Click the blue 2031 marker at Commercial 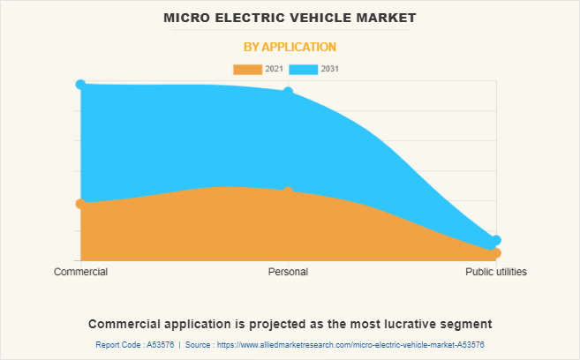point(80,84)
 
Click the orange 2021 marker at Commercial point(80,204)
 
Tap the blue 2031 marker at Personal point(288,92)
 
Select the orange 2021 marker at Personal point(288,191)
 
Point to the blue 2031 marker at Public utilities point(496,240)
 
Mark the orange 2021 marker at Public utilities point(496,253)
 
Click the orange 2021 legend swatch point(247,69)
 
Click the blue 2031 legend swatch point(303,69)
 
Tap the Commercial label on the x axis point(80,272)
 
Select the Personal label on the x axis point(288,272)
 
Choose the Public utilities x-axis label point(496,272)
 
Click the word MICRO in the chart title point(188,18)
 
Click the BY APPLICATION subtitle point(290,47)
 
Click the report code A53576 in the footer point(159,344)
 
